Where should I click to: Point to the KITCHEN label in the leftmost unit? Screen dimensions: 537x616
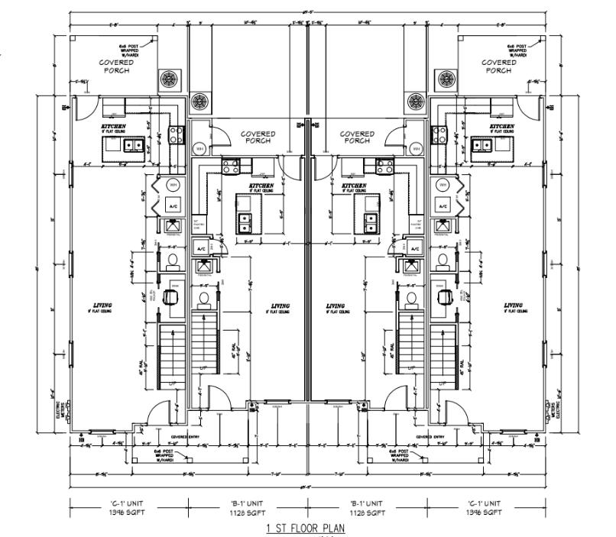(113, 125)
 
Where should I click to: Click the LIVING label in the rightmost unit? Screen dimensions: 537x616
(513, 306)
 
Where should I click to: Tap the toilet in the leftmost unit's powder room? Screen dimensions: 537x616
(172, 260)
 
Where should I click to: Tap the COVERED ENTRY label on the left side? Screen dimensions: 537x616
(181, 437)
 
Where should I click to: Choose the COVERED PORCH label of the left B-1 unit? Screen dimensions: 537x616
(258, 137)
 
